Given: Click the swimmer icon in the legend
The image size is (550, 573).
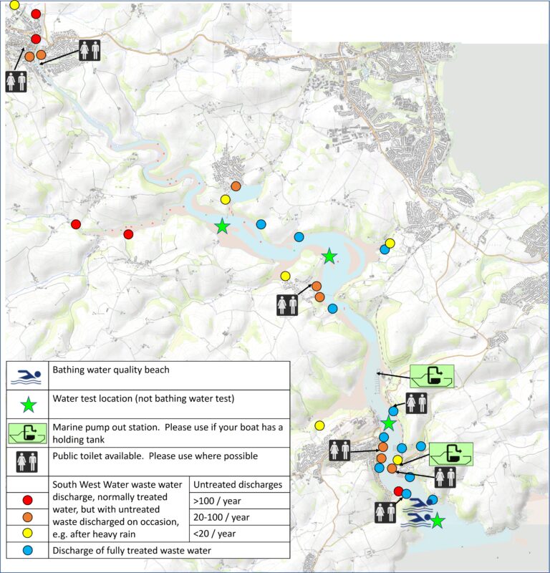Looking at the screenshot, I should tap(27, 375).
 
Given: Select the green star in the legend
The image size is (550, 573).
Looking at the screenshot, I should tap(27, 405).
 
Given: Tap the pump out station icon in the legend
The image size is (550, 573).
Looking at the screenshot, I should tap(27, 433).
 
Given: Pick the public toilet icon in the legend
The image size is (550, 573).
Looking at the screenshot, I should tap(27, 460).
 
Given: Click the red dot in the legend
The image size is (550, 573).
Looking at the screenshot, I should tap(27, 500).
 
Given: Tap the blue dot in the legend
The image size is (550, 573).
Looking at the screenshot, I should tap(27, 550).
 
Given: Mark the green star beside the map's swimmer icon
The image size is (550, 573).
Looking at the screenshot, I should tap(437, 521).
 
